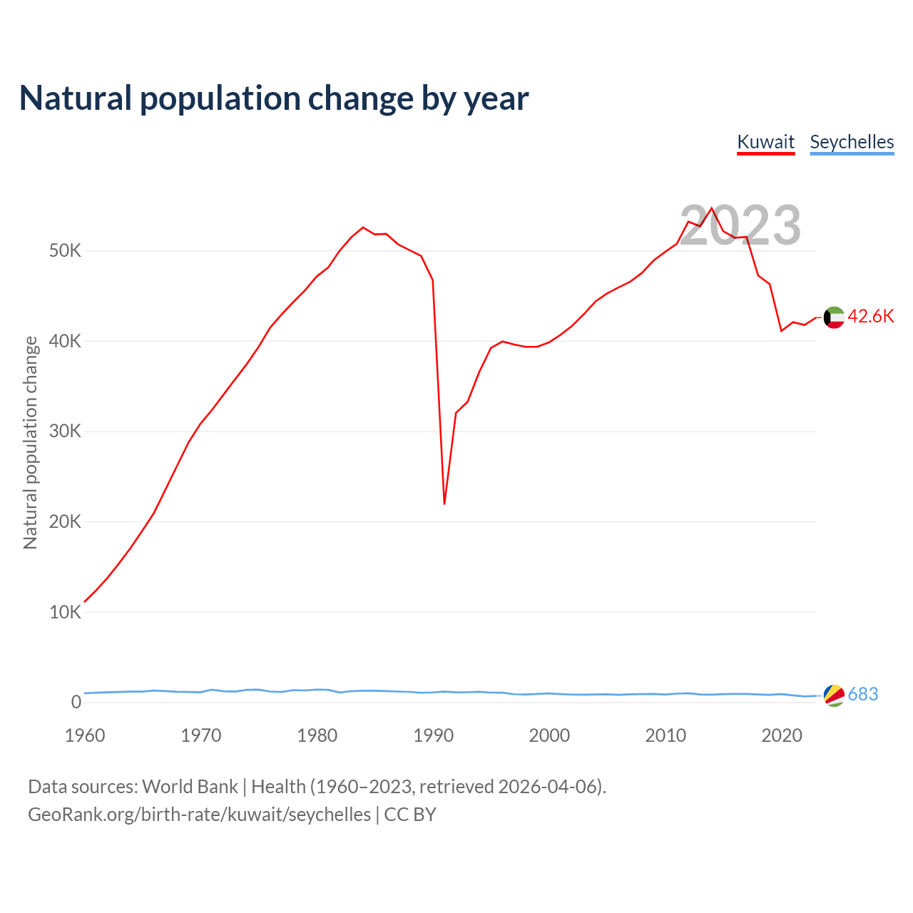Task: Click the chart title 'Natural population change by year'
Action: point(274,98)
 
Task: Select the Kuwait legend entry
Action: point(765,142)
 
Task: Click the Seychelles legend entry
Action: point(852,142)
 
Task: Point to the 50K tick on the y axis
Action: point(65,251)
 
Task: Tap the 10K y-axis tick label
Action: point(65,612)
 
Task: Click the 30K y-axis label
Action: point(65,432)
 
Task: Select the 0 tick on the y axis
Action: point(76,702)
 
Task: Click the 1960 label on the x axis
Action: point(85,735)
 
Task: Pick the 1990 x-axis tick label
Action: point(434,735)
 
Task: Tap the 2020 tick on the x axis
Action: point(782,735)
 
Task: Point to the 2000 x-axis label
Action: point(549,735)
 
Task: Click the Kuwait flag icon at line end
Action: point(834,317)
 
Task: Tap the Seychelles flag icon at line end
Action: point(834,695)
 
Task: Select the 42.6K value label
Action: point(870,317)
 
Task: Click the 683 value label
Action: point(863,695)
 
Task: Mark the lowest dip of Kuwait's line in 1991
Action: point(444,504)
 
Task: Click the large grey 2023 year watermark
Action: point(740,226)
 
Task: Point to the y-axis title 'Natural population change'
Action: point(31,443)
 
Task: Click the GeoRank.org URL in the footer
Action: point(200,815)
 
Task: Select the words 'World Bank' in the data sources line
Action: point(190,787)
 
